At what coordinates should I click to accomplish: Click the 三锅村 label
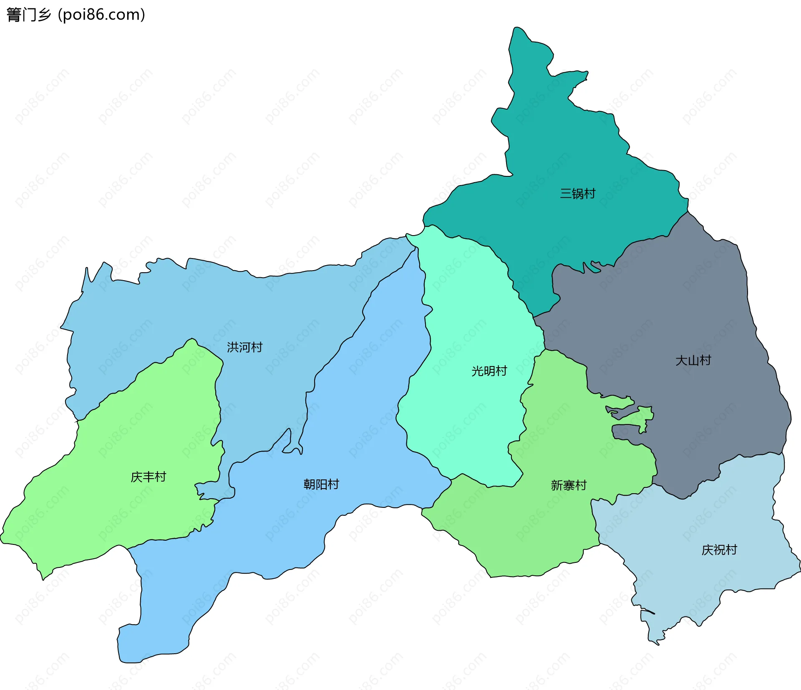577,193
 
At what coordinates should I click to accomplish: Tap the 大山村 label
693,360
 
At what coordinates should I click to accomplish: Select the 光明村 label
489,371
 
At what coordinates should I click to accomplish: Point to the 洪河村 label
244,347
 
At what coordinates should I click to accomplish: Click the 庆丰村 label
148,477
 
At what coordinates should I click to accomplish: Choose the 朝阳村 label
321,484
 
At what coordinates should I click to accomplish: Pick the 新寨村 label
569,485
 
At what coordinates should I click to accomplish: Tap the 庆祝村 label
719,550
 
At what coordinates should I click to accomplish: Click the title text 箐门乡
28,15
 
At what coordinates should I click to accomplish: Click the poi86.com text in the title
101,15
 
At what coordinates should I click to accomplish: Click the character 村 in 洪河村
257,347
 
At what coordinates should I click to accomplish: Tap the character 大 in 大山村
681,360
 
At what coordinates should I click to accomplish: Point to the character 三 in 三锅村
566,193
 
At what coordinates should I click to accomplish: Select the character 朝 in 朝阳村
309,484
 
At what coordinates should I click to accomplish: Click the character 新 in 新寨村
557,485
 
